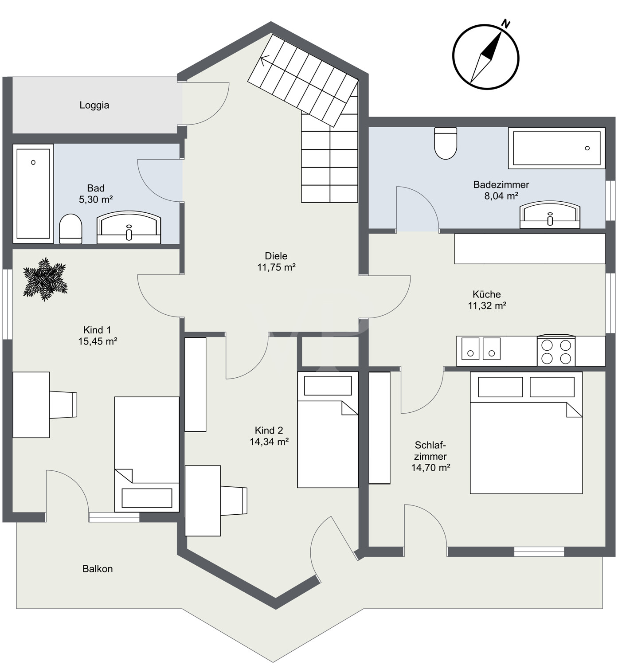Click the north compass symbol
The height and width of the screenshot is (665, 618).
click(x=485, y=57)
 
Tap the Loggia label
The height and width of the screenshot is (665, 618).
click(x=94, y=105)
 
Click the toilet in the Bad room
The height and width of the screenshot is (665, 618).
click(x=70, y=229)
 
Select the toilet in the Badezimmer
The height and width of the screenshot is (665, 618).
click(x=445, y=143)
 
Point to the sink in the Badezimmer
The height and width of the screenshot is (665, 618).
click(x=550, y=215)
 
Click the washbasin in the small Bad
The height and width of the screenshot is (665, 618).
click(x=129, y=227)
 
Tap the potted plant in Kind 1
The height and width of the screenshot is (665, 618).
click(x=45, y=280)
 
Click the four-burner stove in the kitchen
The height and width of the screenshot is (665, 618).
click(x=556, y=351)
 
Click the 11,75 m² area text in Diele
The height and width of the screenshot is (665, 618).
click(x=276, y=267)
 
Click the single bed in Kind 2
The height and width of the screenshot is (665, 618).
click(x=328, y=429)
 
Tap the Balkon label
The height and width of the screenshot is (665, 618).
click(x=98, y=569)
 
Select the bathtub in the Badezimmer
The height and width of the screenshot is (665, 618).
click(x=556, y=148)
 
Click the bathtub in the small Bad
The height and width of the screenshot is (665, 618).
click(x=33, y=193)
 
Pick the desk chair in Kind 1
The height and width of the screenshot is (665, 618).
click(x=63, y=404)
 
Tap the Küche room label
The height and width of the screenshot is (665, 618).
click(x=486, y=294)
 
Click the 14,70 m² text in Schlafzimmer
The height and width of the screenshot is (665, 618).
click(x=430, y=467)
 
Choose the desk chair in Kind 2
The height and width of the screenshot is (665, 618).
click(x=233, y=501)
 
